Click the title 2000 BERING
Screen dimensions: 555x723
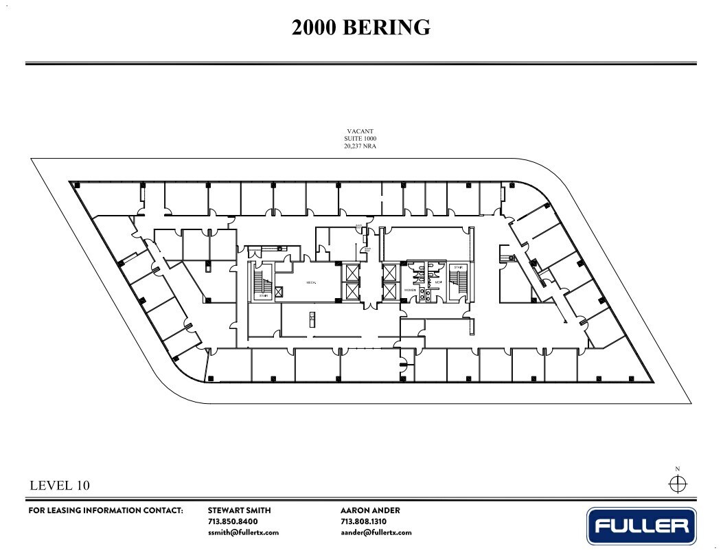tap(361, 27)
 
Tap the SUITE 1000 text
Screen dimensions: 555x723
tap(360, 138)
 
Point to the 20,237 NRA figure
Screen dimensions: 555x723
tap(360, 146)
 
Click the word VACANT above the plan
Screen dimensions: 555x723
tap(360, 131)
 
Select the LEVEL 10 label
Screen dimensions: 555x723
tap(60, 486)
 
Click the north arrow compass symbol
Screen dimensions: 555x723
tap(677, 484)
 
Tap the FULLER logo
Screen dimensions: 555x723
tap(641, 526)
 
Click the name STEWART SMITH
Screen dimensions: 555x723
tap(239, 510)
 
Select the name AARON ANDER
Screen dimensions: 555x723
tap(370, 510)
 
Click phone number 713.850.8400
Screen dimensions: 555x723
tap(232, 521)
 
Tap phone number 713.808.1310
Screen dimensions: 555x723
tap(364, 521)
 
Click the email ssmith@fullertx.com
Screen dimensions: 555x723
tap(243, 532)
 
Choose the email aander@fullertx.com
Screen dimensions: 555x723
tap(376, 532)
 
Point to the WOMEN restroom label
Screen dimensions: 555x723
tap(411, 291)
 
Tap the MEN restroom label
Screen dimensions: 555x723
tap(437, 282)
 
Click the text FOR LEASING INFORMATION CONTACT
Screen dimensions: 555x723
tap(106, 510)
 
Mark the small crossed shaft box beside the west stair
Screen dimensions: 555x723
tap(278, 292)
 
